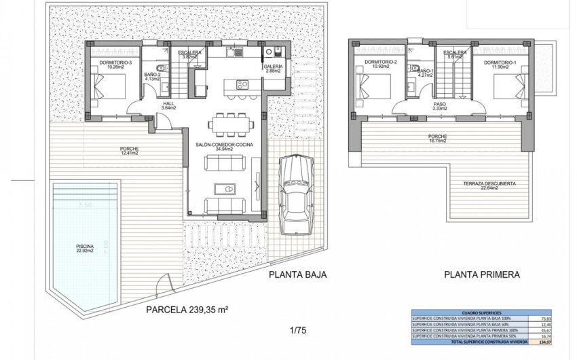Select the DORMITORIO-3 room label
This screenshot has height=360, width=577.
[x=115, y=65]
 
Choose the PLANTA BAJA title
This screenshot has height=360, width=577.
[x=297, y=275]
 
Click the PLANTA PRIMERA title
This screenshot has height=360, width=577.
[x=482, y=275]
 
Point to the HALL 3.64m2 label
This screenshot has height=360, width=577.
[x=169, y=105]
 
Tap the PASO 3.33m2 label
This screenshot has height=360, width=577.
[x=439, y=106]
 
